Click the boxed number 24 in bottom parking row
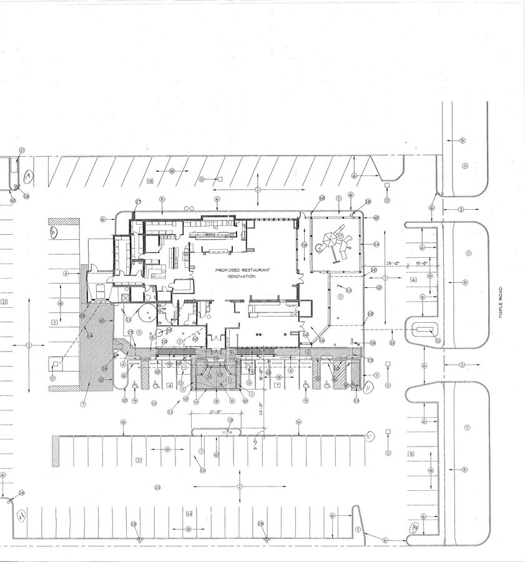tap(189, 513)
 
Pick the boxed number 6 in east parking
tap(413, 280)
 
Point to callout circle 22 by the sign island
tap(438, 340)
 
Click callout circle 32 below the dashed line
tap(391, 343)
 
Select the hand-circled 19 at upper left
tap(27, 177)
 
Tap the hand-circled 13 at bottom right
tap(413, 528)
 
